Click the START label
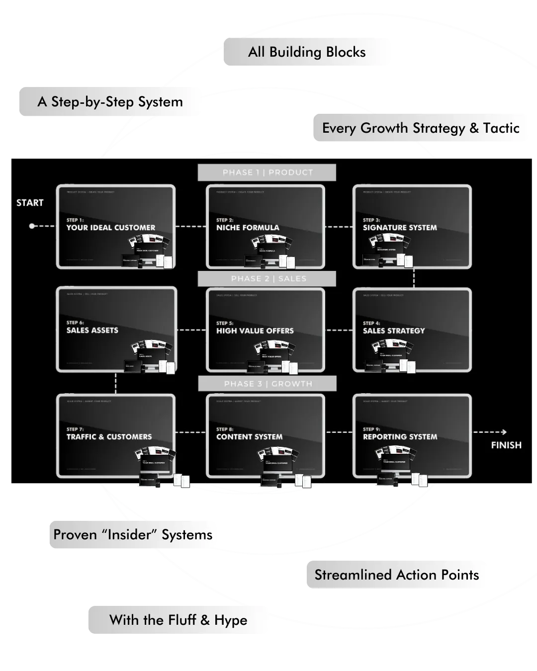(x=30, y=203)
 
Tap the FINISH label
(x=506, y=445)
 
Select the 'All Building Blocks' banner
(x=307, y=52)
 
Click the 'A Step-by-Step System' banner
(x=110, y=102)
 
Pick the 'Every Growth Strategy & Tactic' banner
(x=421, y=128)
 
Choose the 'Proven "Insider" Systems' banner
(x=133, y=535)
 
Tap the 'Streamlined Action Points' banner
(x=397, y=575)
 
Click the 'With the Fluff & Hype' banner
(x=179, y=620)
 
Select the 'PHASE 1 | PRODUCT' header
(x=268, y=172)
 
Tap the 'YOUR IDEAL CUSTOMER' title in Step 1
(x=111, y=228)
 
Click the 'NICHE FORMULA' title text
(x=248, y=228)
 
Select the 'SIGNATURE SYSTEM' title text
(x=400, y=228)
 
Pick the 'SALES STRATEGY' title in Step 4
(x=394, y=331)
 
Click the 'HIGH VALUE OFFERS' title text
(x=255, y=331)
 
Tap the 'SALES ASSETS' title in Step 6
(x=92, y=330)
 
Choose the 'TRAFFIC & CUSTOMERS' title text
(x=109, y=437)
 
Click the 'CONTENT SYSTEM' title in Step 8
(x=249, y=437)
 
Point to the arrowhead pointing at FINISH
(x=504, y=432)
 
